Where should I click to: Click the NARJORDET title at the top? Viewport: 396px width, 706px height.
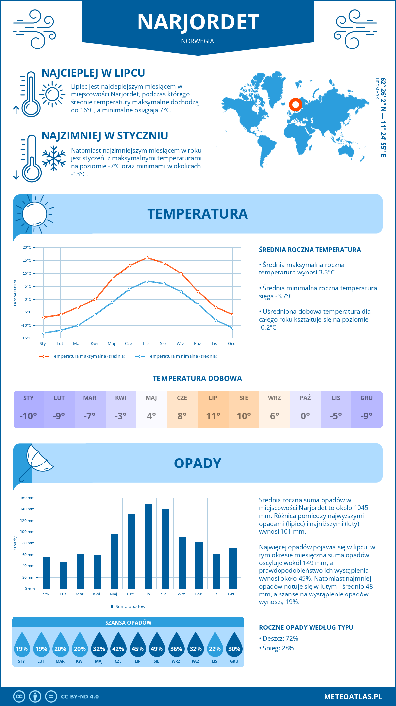(198, 22)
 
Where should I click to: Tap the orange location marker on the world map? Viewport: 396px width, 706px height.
(295, 105)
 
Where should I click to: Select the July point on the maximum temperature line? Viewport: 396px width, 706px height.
(147, 258)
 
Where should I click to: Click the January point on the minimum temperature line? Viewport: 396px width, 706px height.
(44, 333)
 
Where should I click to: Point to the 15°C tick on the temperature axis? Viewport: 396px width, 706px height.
(27, 260)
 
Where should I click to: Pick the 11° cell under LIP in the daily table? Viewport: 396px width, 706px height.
(213, 416)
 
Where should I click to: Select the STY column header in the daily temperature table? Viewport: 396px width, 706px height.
(29, 398)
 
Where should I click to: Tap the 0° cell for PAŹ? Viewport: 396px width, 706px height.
(305, 416)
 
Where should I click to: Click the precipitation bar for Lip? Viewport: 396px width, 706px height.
(148, 546)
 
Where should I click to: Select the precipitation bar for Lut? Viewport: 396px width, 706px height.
(64, 575)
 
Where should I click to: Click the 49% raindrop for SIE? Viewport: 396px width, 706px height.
(157, 645)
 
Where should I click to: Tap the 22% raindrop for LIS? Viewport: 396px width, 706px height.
(214, 645)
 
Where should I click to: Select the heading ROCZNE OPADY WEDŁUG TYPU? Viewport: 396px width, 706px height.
(306, 627)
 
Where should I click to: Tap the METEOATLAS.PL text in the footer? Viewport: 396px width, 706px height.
(353, 697)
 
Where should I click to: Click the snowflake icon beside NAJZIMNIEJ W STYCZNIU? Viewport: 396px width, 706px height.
(54, 158)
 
